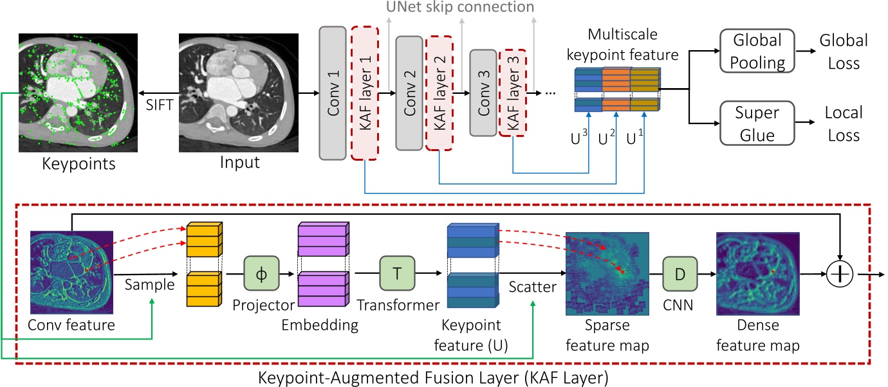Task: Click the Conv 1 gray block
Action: [333, 93]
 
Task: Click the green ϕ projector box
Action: [260, 273]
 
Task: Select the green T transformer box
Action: [396, 273]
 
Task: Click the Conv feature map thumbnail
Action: [72, 273]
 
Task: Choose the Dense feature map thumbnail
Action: [757, 273]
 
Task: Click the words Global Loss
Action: [843, 51]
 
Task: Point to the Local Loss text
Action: [843, 124]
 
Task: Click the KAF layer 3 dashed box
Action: [513, 92]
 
